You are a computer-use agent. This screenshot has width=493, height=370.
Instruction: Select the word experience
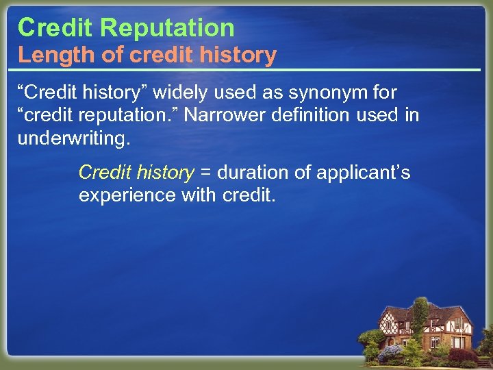127,195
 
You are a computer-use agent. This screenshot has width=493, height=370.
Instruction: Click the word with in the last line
199,195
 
